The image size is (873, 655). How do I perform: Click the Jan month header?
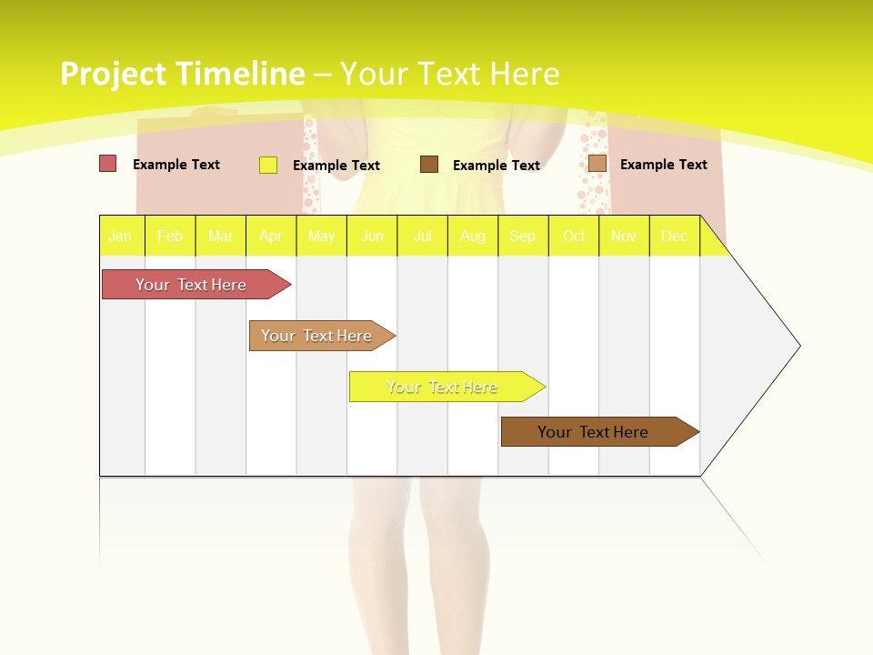click(x=120, y=237)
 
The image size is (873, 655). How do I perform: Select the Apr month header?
click(x=270, y=237)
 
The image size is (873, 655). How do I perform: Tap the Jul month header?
click(x=422, y=237)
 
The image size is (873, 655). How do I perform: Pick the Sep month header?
click(x=522, y=237)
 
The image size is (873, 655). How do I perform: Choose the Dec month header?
click(x=674, y=237)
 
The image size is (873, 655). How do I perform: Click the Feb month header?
click(x=170, y=237)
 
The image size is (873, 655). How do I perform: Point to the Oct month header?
click(x=574, y=237)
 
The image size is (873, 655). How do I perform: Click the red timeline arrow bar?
click(x=191, y=285)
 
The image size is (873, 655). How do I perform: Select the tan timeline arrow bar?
click(x=316, y=336)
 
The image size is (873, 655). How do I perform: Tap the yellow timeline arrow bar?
click(x=442, y=387)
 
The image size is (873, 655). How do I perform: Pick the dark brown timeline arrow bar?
click(x=593, y=432)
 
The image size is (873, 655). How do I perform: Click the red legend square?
click(x=107, y=164)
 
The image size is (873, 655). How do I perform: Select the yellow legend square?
click(x=268, y=165)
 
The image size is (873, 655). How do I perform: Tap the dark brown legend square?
click(x=429, y=164)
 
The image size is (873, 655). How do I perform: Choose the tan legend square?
click(x=597, y=163)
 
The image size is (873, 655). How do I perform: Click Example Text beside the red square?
click(x=176, y=165)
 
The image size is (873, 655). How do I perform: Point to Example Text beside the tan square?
click(x=663, y=165)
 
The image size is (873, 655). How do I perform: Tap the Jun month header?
click(x=372, y=237)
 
